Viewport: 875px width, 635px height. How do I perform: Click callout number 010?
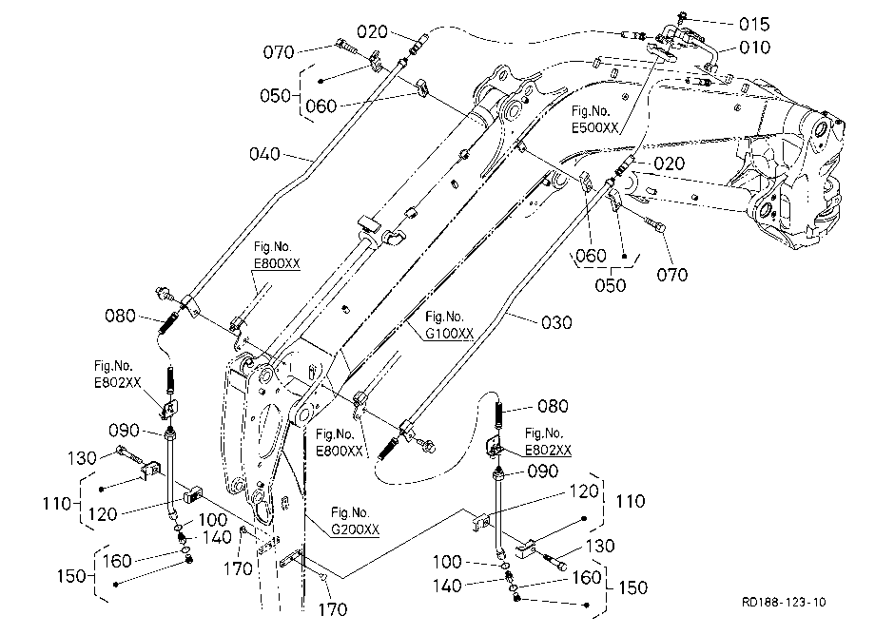point(754,48)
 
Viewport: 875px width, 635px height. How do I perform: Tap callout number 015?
point(754,24)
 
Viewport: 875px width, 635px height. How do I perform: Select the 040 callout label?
point(264,154)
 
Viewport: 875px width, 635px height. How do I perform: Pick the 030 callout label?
point(556,323)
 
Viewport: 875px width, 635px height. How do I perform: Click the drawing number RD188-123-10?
point(784,602)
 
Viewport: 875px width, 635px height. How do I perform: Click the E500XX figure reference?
point(594,127)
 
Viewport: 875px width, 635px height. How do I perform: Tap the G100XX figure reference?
point(449,334)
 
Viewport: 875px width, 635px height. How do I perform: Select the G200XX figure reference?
point(356,529)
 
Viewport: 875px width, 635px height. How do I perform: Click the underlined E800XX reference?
point(277,263)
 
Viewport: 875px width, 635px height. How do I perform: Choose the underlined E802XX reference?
point(548,450)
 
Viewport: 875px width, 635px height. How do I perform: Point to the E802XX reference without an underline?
point(117,382)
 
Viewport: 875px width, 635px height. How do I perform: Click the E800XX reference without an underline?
point(340,451)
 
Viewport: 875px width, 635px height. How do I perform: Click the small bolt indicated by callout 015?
point(682,17)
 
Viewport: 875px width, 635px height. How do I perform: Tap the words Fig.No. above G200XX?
point(350,512)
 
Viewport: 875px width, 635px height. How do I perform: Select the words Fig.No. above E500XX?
point(591,110)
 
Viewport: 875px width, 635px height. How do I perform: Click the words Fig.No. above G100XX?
point(444,317)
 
